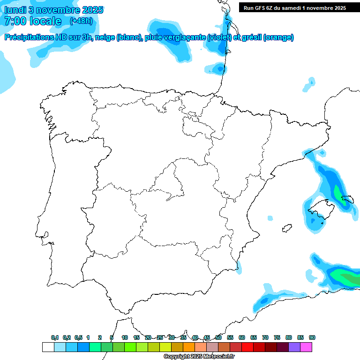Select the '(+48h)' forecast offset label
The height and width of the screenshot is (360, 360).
point(81,21)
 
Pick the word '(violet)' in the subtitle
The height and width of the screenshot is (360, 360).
point(222,37)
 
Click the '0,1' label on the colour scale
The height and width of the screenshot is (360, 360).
point(55,337)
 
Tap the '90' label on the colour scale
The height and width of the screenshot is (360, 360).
point(312,337)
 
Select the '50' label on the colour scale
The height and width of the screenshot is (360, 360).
point(218,337)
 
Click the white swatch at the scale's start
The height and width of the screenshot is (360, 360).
point(48,347)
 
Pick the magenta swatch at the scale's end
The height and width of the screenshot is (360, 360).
point(306,347)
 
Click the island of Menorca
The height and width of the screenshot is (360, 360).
point(348,199)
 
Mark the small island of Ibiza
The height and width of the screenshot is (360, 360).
point(285,229)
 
